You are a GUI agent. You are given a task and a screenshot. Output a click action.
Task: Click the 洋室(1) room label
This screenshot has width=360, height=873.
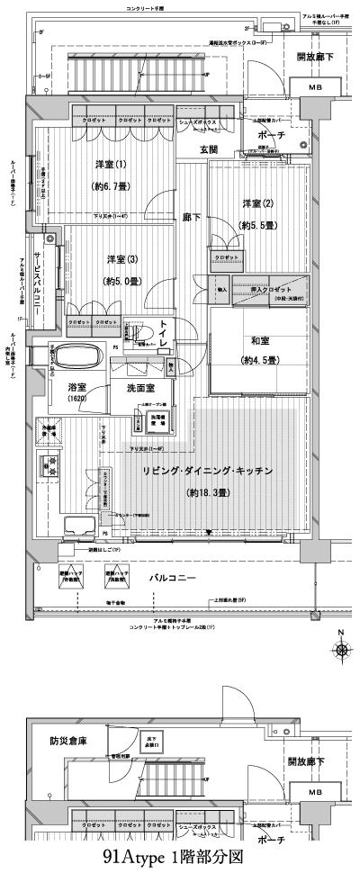110,164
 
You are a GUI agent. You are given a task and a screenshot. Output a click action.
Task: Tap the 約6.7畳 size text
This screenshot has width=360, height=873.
110,186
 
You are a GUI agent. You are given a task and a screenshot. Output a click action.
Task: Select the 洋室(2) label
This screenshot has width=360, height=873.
256,202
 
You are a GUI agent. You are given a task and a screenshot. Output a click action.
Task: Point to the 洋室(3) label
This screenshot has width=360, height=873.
122,259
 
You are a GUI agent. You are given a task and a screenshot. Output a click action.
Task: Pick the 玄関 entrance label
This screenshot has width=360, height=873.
209,150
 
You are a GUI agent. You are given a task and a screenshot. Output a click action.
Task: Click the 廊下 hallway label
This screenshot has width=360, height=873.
190,217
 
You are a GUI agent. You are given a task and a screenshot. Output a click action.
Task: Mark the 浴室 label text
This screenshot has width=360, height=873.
76,386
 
